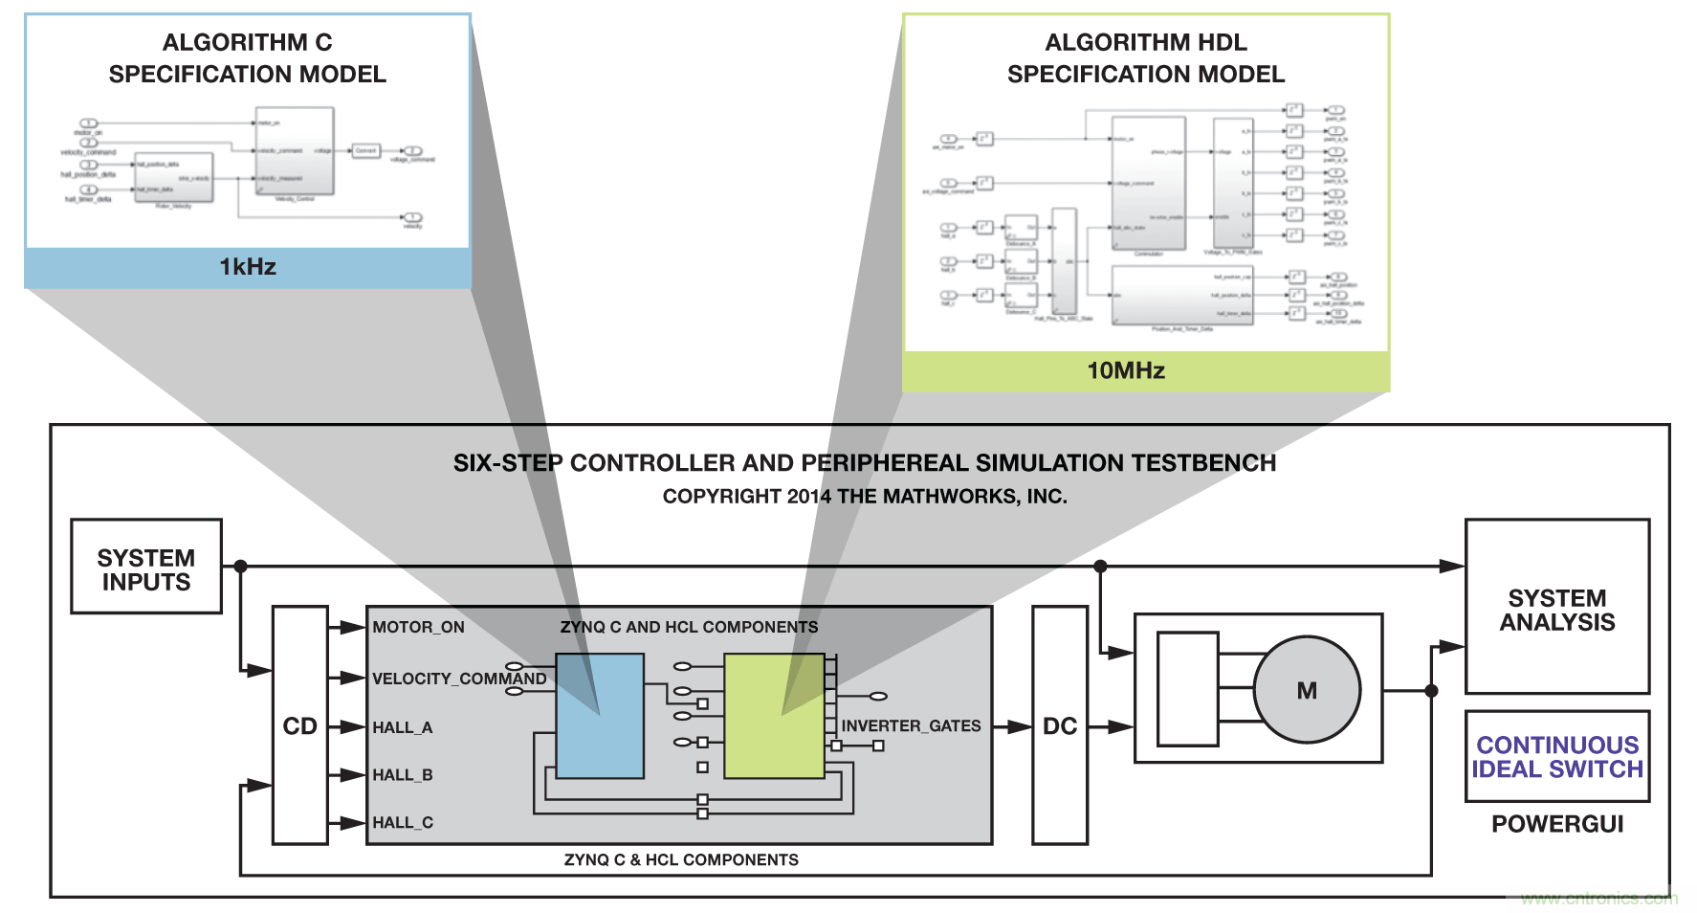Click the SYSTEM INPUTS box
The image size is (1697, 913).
(146, 567)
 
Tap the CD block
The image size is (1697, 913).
(299, 725)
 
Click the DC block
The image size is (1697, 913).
(1060, 725)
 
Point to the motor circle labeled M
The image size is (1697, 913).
(1307, 690)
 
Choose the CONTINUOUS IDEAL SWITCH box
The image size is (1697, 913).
(1556, 757)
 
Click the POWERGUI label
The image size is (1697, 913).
(1557, 824)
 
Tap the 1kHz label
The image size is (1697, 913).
(248, 267)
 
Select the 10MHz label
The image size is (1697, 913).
(1126, 370)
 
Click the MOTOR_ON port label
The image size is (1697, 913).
(418, 628)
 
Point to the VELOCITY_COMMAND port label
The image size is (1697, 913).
(459, 679)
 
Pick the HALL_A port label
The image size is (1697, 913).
(403, 728)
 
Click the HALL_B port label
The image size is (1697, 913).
(403, 775)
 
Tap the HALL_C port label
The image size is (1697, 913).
(403, 823)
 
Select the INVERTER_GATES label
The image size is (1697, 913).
(911, 726)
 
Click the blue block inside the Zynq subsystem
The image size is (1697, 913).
(600, 716)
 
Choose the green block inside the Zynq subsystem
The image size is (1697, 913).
(774, 716)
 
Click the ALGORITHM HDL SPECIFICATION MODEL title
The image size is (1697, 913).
(1146, 58)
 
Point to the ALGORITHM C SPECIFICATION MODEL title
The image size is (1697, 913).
(248, 58)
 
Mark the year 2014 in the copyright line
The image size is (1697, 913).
(809, 497)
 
